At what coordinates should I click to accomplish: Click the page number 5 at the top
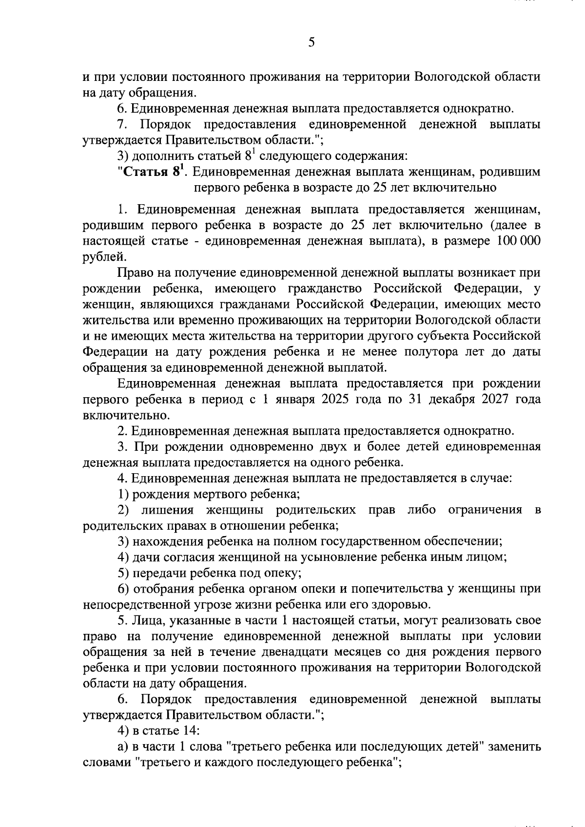click(312, 42)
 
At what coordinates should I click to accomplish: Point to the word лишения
click(167, 510)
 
